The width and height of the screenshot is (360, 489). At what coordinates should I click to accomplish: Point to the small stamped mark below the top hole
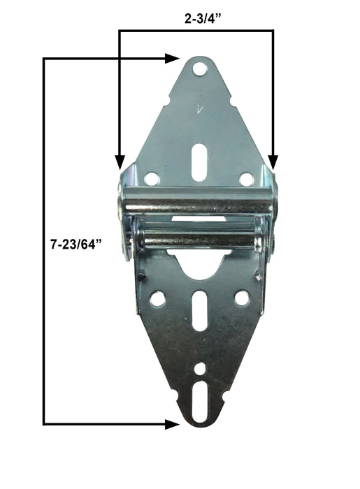point(199,108)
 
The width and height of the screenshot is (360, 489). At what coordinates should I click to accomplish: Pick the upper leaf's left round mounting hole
point(152,179)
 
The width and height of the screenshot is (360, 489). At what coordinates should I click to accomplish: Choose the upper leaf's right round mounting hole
point(246,179)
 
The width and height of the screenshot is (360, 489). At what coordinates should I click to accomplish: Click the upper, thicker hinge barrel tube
point(199,203)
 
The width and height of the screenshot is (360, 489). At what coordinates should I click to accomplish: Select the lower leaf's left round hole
point(158,298)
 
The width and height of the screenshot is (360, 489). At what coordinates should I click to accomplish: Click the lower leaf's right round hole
point(242,298)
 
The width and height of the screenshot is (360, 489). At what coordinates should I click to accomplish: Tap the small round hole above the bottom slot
point(201,367)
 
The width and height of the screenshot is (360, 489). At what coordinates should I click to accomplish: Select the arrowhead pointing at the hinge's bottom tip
point(172,424)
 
